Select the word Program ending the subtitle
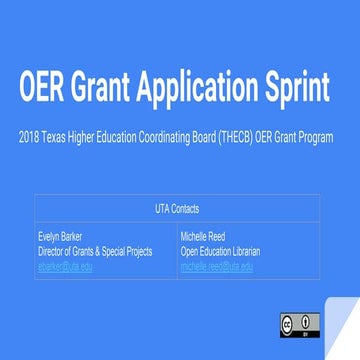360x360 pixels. [316, 134]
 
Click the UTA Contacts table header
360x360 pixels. [179, 209]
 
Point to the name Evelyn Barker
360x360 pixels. [61, 237]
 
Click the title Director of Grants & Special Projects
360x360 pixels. [95, 252]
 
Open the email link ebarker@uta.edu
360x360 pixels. [65, 266]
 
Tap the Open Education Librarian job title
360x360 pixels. [227, 252]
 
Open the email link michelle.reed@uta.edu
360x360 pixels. [217, 266]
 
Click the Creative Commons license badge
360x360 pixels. [299, 322]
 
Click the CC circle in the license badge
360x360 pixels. [288, 321]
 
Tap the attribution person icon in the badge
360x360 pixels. [309, 321]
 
